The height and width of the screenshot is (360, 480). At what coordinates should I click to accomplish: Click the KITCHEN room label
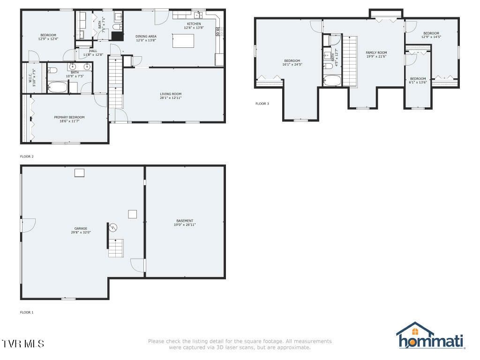tap(194, 24)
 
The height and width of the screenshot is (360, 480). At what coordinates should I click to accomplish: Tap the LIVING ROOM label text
tap(170, 94)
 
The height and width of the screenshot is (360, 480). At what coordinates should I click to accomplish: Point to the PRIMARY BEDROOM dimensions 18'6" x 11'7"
tap(69, 121)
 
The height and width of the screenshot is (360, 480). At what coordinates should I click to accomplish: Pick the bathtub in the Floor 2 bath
tap(58, 87)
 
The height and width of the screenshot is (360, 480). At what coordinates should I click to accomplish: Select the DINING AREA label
tap(146, 36)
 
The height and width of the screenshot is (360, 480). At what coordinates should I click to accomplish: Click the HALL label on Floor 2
tap(93, 51)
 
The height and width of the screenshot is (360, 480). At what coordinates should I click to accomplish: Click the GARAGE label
tap(81, 228)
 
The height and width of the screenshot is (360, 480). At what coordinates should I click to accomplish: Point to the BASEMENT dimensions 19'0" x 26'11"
tap(185, 225)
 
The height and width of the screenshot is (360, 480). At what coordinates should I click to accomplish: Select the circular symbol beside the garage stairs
tap(113, 227)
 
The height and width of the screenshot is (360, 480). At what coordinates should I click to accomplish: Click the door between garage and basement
tap(138, 265)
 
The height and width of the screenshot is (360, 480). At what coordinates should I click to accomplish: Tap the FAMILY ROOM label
tap(376, 52)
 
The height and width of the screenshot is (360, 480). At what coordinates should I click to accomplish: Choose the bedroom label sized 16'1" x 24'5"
tap(292, 60)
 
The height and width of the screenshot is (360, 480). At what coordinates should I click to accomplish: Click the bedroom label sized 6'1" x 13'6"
tap(418, 78)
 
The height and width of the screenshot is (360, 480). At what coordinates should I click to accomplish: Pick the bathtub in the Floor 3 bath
tap(332, 81)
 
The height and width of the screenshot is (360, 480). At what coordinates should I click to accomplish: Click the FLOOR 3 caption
tap(262, 104)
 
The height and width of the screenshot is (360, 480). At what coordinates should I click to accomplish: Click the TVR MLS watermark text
tap(23, 344)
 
